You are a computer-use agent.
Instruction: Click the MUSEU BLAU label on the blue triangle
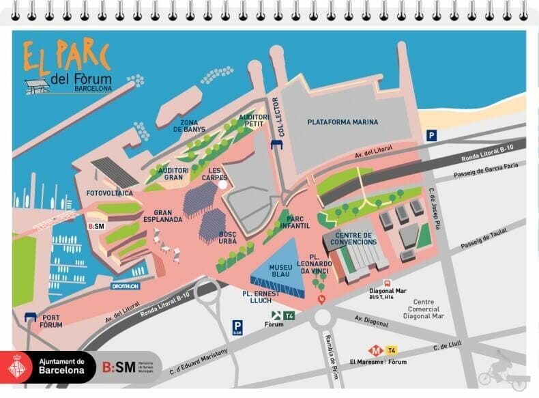tap(280, 271)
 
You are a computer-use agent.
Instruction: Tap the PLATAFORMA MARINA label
tap(343, 122)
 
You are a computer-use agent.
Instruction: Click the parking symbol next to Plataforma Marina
tap(431, 136)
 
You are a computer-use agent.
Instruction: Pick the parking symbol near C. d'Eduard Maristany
tap(237, 327)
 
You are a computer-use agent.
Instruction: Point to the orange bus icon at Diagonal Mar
tap(388, 283)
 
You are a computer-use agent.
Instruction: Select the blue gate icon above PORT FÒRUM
tap(30, 316)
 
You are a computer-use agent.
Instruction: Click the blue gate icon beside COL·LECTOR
tap(276, 145)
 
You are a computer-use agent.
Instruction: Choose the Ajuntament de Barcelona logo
tap(48, 367)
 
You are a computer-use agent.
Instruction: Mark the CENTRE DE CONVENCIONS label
tap(354, 238)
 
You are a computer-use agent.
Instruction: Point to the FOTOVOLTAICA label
tap(108, 193)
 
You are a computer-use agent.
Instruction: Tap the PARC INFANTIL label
tap(294, 222)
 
